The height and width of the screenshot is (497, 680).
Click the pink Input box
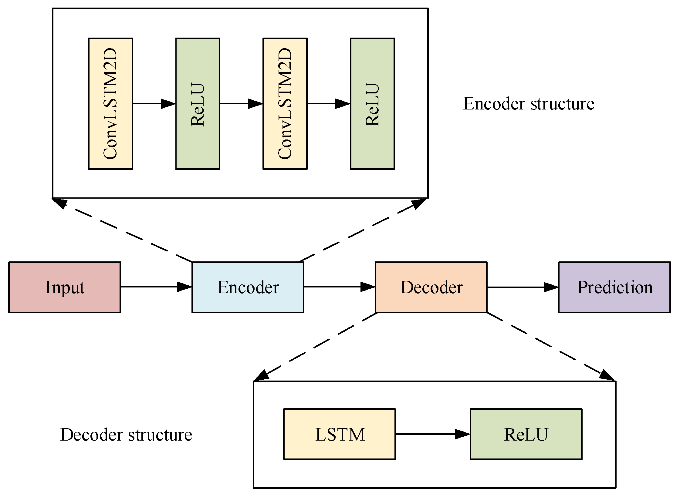coord(64,287)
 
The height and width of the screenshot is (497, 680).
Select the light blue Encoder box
coord(248,287)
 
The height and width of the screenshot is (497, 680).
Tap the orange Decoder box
coord(431,287)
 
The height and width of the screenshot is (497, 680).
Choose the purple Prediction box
coord(614,287)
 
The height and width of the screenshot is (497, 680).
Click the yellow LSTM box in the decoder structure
coord(339,434)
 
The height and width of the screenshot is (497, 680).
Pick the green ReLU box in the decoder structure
coord(526,434)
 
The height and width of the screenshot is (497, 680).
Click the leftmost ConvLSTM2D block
coord(110,103)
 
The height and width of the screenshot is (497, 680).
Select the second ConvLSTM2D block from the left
coord(285,103)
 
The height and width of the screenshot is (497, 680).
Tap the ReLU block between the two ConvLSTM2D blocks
coord(198,103)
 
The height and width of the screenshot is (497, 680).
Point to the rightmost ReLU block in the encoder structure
coord(372,103)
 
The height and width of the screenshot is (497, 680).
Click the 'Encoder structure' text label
coord(528,104)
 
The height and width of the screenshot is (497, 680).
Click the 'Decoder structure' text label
coord(126,435)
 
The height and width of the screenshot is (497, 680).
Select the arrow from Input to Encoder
coord(156,287)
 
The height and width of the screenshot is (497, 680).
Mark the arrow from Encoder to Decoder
coord(339,287)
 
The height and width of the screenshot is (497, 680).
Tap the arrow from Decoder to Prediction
coord(523,287)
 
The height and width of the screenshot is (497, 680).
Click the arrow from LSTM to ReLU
coord(432,434)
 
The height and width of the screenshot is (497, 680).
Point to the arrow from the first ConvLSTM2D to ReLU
coord(154,103)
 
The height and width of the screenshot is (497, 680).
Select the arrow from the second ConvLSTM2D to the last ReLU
coord(328,103)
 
